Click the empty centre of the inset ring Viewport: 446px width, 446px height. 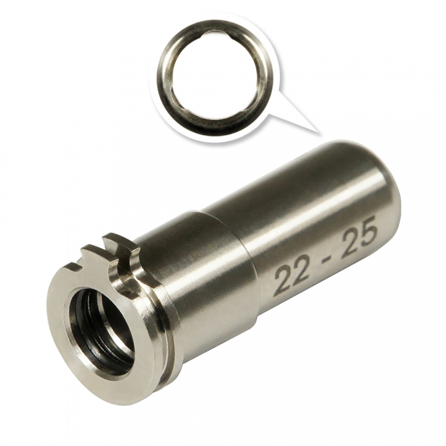[216, 76]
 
